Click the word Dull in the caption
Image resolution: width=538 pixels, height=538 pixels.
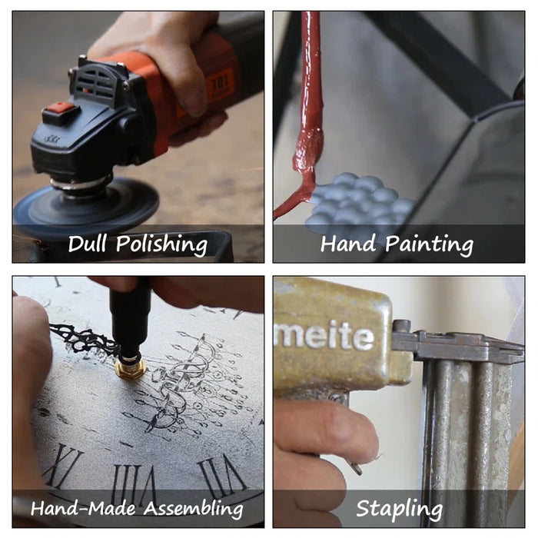pyautogui.click(x=87, y=244)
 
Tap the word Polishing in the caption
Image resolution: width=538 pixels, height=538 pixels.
pyautogui.click(x=161, y=245)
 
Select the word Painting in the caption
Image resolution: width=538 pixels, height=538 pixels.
pyautogui.click(x=429, y=245)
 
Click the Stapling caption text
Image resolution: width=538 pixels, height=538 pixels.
pyautogui.click(x=399, y=509)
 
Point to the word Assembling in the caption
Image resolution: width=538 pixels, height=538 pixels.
pyautogui.click(x=193, y=509)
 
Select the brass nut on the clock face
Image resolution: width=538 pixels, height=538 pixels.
pyautogui.click(x=130, y=368)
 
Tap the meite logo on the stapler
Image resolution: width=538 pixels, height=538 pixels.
pyautogui.click(x=324, y=336)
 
